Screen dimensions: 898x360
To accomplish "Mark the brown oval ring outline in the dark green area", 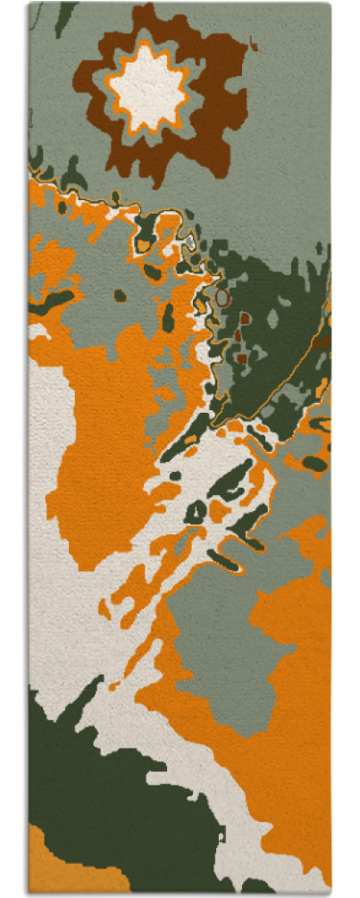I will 222,297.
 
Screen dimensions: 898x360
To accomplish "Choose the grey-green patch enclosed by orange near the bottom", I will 223,643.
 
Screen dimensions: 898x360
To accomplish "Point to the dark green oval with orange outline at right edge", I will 314,463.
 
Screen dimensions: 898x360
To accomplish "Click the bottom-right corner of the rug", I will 330,892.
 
